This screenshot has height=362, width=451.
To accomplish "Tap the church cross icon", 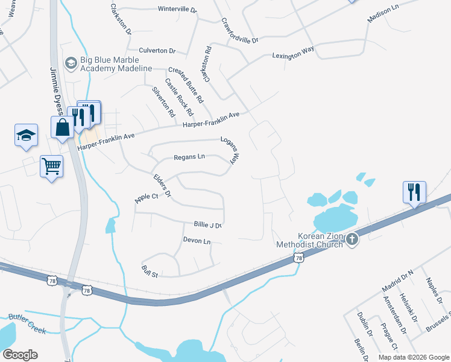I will tap(352, 240).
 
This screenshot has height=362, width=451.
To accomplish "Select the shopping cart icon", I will tap(51, 165).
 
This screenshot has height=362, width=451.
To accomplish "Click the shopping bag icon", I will tap(63, 128).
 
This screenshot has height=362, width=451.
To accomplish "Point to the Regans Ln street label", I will tap(189, 157).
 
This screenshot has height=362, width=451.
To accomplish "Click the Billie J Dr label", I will tap(208, 224).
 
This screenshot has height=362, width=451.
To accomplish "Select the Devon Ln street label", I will tap(197, 241).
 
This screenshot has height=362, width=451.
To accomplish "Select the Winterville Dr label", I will tap(177, 10).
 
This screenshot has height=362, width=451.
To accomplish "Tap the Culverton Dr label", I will tap(157, 51).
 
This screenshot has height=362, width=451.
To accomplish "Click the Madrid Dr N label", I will tap(398, 281).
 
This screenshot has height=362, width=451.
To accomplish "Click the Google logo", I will tap(20, 355).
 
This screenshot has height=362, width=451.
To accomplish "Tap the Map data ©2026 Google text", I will tap(413, 357).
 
